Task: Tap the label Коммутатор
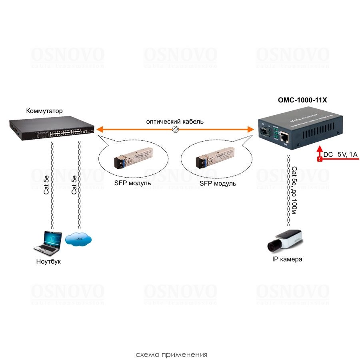tap(44, 111)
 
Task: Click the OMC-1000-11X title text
tap(302, 100)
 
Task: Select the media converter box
tap(300, 130)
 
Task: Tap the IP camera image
tap(286, 240)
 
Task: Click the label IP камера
tap(287, 259)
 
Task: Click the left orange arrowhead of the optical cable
tap(100, 129)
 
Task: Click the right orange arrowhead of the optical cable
tap(251, 129)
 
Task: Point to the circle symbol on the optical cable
tap(175, 129)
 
